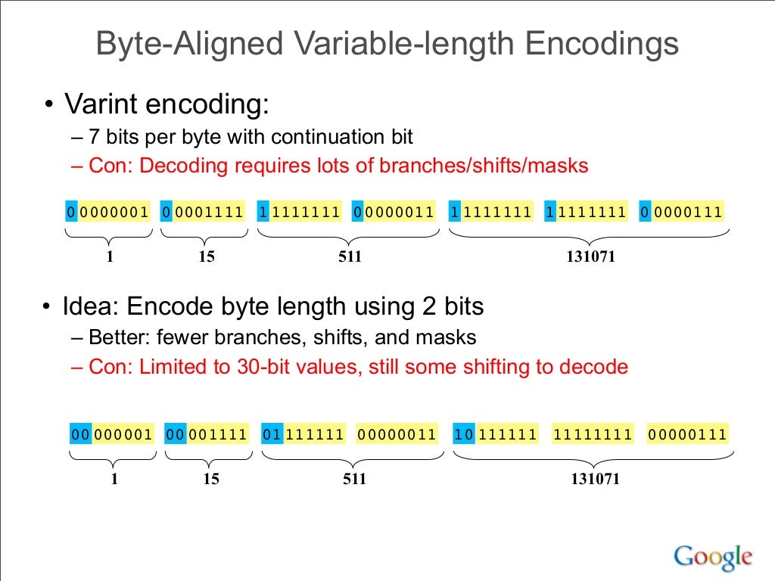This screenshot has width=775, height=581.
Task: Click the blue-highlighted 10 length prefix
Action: tap(464, 434)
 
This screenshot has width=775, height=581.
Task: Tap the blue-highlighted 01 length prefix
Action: tap(272, 434)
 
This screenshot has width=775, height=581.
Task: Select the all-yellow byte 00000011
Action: tap(397, 434)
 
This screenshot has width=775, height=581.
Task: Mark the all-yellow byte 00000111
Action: tap(687, 434)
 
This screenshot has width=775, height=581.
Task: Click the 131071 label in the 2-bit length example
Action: tap(595, 479)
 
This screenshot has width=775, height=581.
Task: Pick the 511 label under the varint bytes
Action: tap(350, 256)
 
